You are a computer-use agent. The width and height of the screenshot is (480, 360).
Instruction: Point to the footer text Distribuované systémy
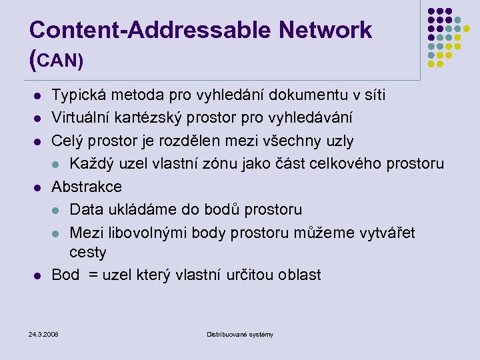point(240,334)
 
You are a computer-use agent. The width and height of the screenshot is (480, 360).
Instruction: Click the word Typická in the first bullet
point(77,95)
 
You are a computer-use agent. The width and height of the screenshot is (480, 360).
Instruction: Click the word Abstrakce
point(87,187)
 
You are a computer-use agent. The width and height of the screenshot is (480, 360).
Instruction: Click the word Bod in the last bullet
point(65,275)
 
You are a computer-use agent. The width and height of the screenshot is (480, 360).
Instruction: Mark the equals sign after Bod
point(91,275)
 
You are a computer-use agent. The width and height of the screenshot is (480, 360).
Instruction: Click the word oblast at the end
point(297,275)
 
